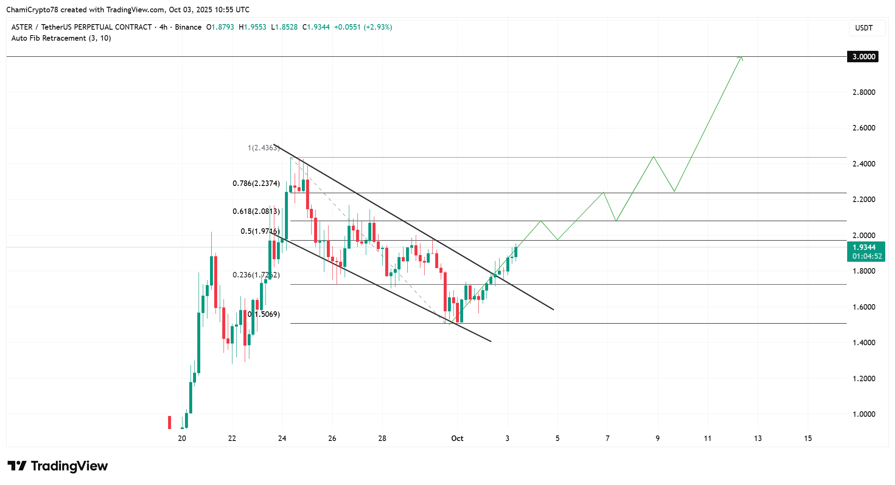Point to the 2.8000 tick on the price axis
pos(863,92)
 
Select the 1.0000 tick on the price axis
pos(863,414)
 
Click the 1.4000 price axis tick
pos(863,343)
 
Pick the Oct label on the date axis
pos(457,438)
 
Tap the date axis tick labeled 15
pos(808,438)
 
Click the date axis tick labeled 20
pos(182,438)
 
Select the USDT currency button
pos(864,28)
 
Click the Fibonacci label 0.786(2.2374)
pos(256,183)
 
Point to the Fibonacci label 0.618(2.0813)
pos(256,211)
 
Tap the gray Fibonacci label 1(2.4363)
pos(263,148)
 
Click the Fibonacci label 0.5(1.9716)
pos(260,231)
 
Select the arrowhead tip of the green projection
pos(741,57)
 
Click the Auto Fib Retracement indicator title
pos(61,38)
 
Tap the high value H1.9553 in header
pos(253,27)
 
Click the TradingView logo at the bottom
pos(58,466)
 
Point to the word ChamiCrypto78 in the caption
pos(32,10)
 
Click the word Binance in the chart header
pos(188,27)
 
